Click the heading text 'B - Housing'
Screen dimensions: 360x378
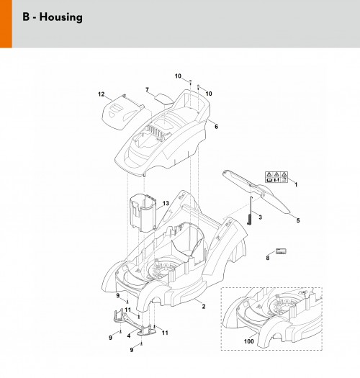coord(53,17)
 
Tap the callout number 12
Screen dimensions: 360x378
coord(102,94)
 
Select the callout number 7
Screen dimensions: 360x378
coord(147,90)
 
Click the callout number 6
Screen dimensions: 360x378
coord(216,127)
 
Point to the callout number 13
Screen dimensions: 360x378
coord(166,204)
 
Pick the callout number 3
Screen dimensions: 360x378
coord(260,217)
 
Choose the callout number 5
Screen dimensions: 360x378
coord(298,220)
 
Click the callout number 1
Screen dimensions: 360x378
coord(296,184)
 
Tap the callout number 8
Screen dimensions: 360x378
coord(268,258)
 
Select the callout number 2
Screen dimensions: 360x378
coord(204,307)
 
